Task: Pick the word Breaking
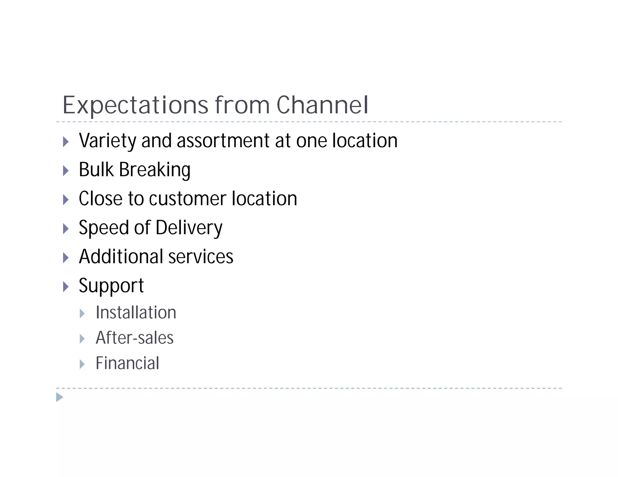pyautogui.click(x=155, y=169)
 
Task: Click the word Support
pyautogui.click(x=111, y=286)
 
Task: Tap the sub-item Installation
pyautogui.click(x=136, y=312)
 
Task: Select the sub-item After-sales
pyautogui.click(x=135, y=338)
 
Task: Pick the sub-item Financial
pyautogui.click(x=127, y=363)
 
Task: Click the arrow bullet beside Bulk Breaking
pyautogui.click(x=66, y=171)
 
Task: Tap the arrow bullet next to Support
pyautogui.click(x=66, y=286)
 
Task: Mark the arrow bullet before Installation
pyautogui.click(x=82, y=314)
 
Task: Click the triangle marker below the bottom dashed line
pyautogui.click(x=60, y=397)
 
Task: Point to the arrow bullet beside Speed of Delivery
pyautogui.click(x=66, y=229)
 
